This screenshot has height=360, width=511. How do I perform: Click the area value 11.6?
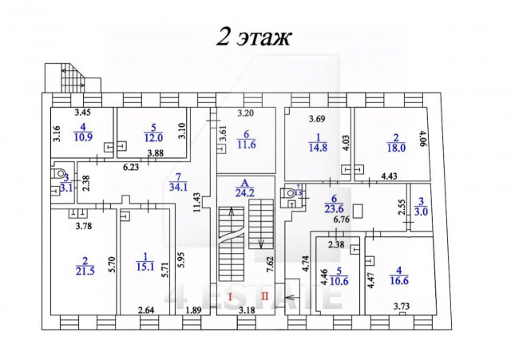(x=247, y=144)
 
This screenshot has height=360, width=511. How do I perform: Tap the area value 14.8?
(x=317, y=146)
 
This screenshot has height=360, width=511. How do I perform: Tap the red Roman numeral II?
(x=264, y=297)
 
